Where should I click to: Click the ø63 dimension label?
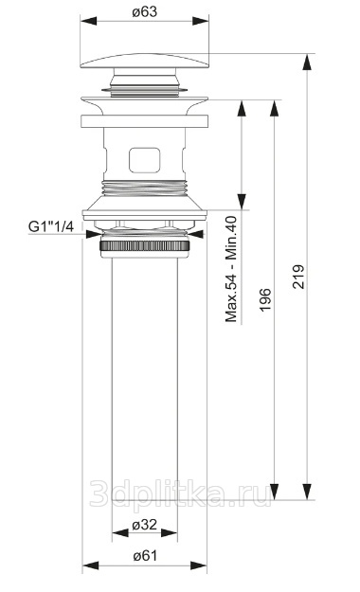click(x=145, y=11)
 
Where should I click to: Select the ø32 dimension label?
click(x=144, y=524)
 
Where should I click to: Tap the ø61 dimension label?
click(x=145, y=555)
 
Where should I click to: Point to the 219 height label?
click(x=298, y=277)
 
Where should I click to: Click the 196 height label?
click(x=265, y=299)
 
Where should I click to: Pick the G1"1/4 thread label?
click(x=51, y=226)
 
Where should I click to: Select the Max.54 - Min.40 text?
click(x=231, y=269)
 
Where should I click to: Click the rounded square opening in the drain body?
click(x=145, y=160)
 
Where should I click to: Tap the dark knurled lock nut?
click(x=145, y=245)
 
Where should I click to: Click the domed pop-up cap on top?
click(x=144, y=61)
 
